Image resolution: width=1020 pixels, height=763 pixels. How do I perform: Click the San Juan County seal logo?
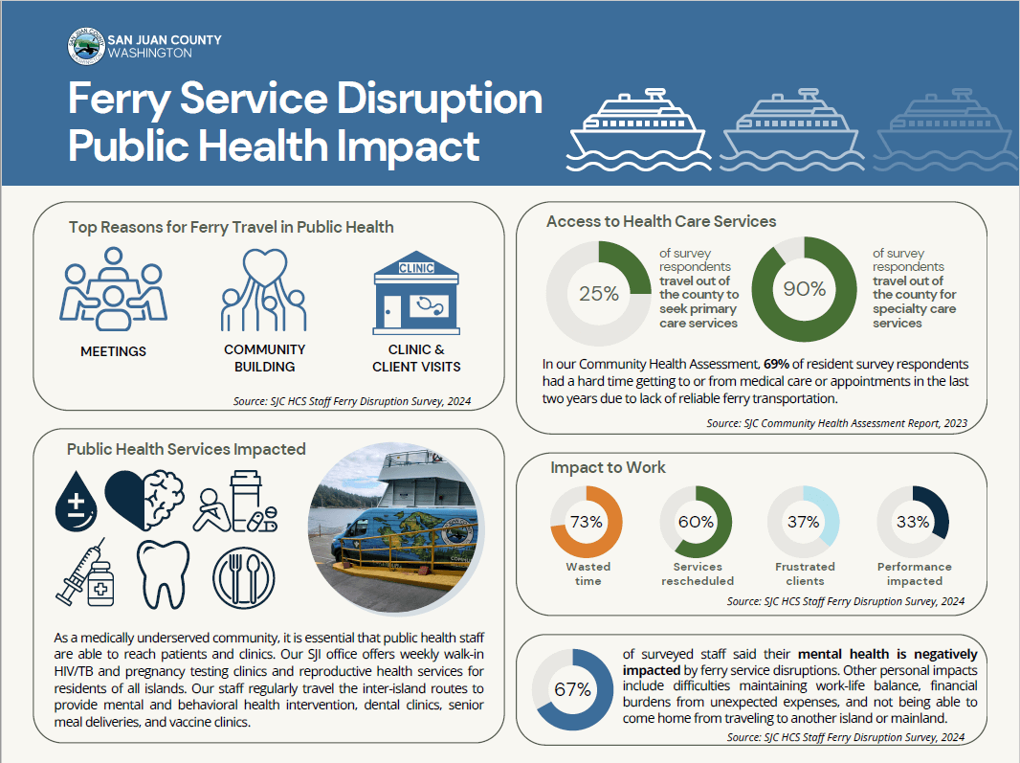(85, 47)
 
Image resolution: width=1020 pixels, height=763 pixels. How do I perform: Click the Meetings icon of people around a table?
(115, 287)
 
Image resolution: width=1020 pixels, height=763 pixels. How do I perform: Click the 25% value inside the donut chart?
(599, 294)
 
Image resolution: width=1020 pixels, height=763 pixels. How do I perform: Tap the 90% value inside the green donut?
(805, 289)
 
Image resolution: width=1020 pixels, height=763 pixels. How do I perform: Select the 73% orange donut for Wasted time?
(586, 522)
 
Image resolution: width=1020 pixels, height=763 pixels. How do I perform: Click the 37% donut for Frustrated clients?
(804, 522)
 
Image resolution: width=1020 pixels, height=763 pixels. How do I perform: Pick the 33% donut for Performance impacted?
(913, 522)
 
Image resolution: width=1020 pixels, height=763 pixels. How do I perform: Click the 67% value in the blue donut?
(571, 689)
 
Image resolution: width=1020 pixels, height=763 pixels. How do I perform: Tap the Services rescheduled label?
(697, 573)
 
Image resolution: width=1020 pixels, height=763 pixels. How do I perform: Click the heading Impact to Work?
(608, 467)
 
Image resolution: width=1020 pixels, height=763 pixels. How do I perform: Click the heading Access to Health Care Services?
(661, 221)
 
